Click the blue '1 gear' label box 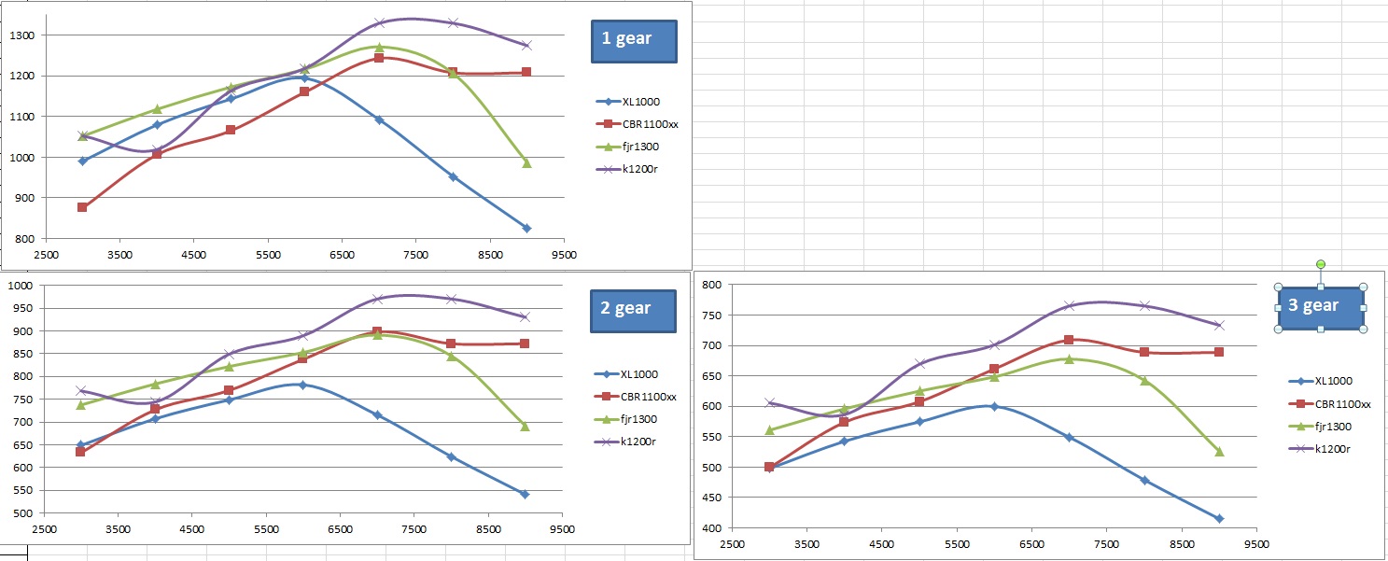click(x=634, y=41)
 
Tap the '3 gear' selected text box click(x=1320, y=307)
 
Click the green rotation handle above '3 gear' click(x=1320, y=265)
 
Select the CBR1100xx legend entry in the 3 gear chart click(x=1340, y=403)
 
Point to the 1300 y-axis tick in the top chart click(x=21, y=35)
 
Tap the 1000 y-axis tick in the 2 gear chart click(x=19, y=286)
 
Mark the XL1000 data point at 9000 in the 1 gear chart click(x=526, y=229)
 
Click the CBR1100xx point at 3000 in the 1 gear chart click(x=82, y=207)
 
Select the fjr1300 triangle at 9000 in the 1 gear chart click(x=526, y=163)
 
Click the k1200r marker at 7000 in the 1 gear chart click(x=379, y=22)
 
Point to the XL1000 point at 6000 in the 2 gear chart click(x=302, y=385)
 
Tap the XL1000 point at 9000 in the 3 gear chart click(x=1219, y=518)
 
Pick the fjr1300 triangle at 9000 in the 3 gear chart click(x=1219, y=452)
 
